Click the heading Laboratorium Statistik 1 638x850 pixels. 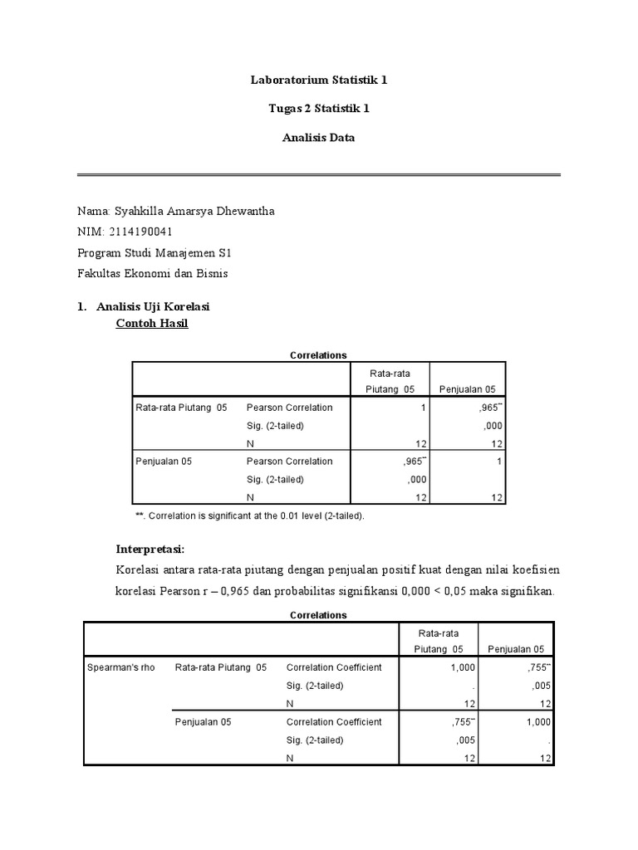click(x=319, y=81)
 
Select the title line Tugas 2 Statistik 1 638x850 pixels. click(x=319, y=109)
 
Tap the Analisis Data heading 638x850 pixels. click(x=319, y=138)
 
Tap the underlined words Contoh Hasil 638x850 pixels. click(x=152, y=323)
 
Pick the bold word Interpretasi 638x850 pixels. click(x=149, y=550)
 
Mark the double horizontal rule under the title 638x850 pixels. click(x=319, y=174)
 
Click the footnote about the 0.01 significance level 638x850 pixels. click(x=249, y=515)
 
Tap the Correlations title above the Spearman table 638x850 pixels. click(x=318, y=615)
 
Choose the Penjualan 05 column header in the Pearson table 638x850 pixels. click(x=468, y=389)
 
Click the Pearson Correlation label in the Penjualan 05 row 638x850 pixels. click(x=289, y=462)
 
